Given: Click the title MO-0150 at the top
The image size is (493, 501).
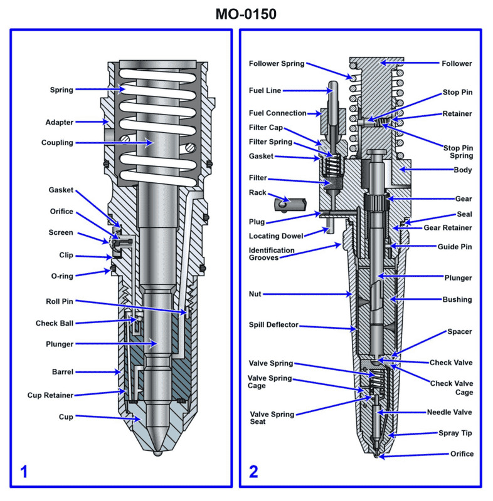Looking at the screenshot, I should [x=246, y=14].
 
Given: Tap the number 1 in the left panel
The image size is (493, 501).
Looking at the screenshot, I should [x=24, y=472].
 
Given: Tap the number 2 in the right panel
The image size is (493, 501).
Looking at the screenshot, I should [x=253, y=472].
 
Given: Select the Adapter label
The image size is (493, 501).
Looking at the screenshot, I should [x=59, y=122].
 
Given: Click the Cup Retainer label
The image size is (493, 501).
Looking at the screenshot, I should [x=50, y=395].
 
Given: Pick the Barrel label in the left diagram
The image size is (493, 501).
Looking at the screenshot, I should [x=62, y=372].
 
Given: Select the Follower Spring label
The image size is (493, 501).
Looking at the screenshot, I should [x=277, y=64].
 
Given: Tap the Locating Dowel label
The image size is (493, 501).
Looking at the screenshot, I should [x=276, y=236].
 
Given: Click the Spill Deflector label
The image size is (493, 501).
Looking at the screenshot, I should [x=273, y=325].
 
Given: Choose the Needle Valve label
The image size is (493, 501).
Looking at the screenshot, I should [x=449, y=412].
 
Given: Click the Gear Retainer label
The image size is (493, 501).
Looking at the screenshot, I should [x=447, y=228].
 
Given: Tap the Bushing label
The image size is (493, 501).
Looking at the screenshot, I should [x=457, y=299].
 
